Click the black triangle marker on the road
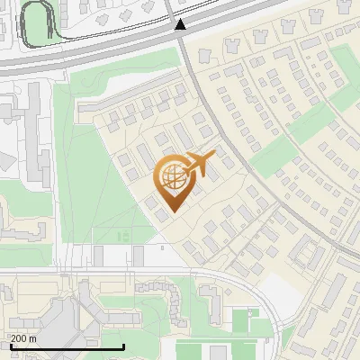click(181, 24)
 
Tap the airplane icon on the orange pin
click(197, 164)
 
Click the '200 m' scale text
click(22, 338)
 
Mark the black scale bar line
click(67, 346)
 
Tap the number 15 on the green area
click(122, 236)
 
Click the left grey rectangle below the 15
click(101, 256)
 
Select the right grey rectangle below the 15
click(138, 256)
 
